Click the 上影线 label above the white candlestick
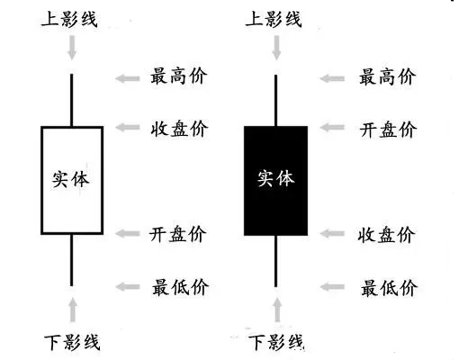(69, 19)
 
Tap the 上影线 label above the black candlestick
(274, 19)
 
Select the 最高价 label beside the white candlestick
(179, 76)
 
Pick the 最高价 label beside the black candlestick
(388, 76)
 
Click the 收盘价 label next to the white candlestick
(179, 129)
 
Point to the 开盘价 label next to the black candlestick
(388, 130)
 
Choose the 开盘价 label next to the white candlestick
(178, 234)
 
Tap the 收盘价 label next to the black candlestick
(387, 235)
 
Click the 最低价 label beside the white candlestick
(180, 287)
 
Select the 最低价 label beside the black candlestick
(389, 288)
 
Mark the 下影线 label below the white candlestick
(72, 342)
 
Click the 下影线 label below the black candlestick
(276, 342)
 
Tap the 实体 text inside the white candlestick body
(71, 180)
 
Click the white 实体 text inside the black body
(275, 178)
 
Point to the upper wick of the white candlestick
(72, 100)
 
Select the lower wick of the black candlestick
(275, 261)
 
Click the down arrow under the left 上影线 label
(72, 48)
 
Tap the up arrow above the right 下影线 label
(277, 310)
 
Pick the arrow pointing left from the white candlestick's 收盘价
(128, 127)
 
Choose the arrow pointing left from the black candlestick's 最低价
(332, 287)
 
